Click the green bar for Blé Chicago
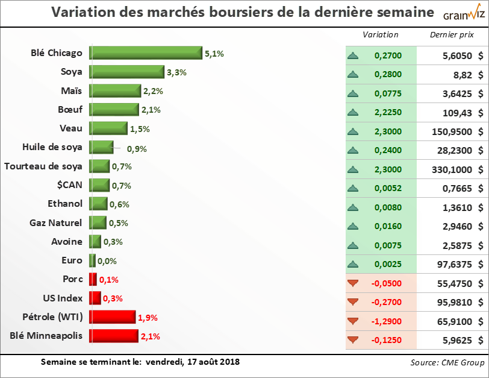click(x=146, y=53)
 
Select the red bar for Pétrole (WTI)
click(x=113, y=317)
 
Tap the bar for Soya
click(x=127, y=72)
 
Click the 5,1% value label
click(x=214, y=54)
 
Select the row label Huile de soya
click(x=52, y=147)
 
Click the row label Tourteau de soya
click(x=43, y=166)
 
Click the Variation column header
click(x=380, y=34)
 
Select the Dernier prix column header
click(x=452, y=34)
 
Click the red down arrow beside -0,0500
click(x=353, y=283)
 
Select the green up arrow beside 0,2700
click(x=353, y=56)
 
